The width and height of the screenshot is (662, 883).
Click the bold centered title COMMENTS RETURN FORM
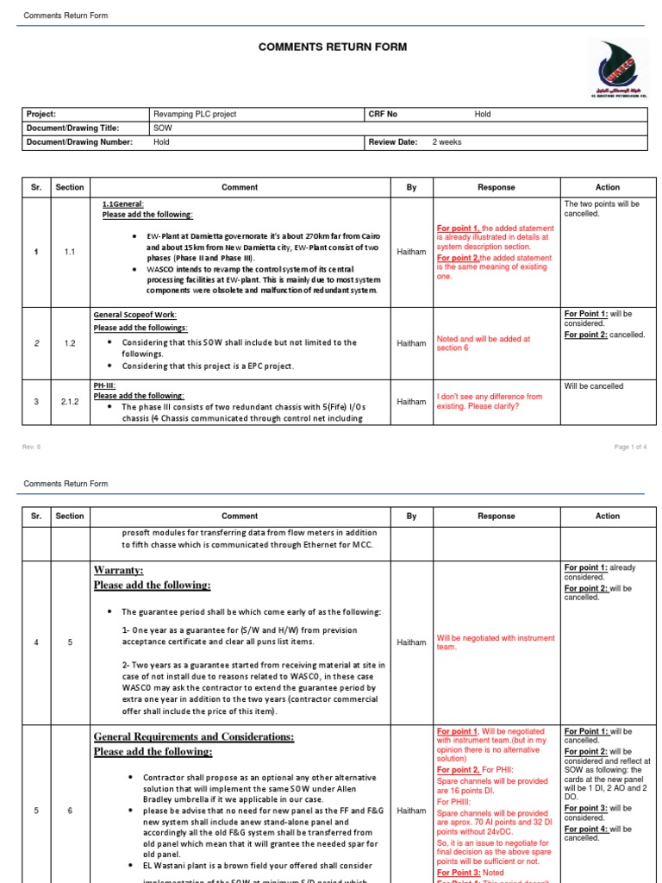(333, 47)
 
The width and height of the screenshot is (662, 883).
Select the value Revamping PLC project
(195, 114)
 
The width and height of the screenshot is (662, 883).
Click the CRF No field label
(383, 114)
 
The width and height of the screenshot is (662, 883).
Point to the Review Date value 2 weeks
(447, 142)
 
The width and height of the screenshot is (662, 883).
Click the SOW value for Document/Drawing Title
(162, 128)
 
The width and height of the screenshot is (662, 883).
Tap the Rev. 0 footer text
(31, 447)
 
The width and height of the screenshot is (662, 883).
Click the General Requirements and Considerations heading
(193, 736)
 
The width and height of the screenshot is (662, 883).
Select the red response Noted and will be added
(484, 343)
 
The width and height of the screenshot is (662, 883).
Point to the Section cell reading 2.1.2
(70, 402)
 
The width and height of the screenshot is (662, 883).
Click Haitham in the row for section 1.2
(411, 343)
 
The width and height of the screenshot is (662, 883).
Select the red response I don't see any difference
(490, 402)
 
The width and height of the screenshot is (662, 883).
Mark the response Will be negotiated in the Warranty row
(496, 642)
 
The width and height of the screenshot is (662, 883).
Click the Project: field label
(41, 114)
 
